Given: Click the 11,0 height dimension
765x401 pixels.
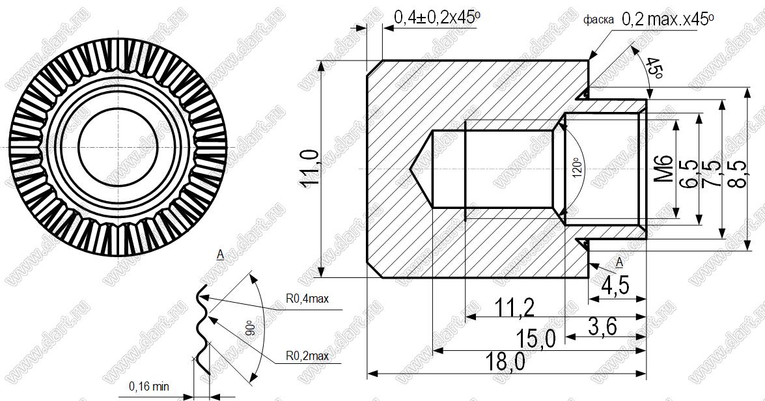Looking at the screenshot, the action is click(310, 169).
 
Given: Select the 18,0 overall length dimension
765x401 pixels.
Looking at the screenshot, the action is click(505, 362).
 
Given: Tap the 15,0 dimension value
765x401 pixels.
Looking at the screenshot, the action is click(536, 338).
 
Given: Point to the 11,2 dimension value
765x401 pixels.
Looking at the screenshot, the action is click(514, 307).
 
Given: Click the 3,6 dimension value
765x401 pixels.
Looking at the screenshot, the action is click(602, 326).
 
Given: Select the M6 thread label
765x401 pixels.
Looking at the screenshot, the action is click(663, 169).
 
